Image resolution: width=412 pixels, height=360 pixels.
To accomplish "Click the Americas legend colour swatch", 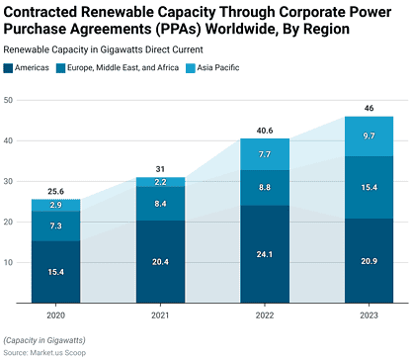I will (x=9, y=68).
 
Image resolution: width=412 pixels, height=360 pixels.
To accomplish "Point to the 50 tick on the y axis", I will (x=8, y=100).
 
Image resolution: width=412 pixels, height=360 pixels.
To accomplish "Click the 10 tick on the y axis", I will (x=8, y=262).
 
